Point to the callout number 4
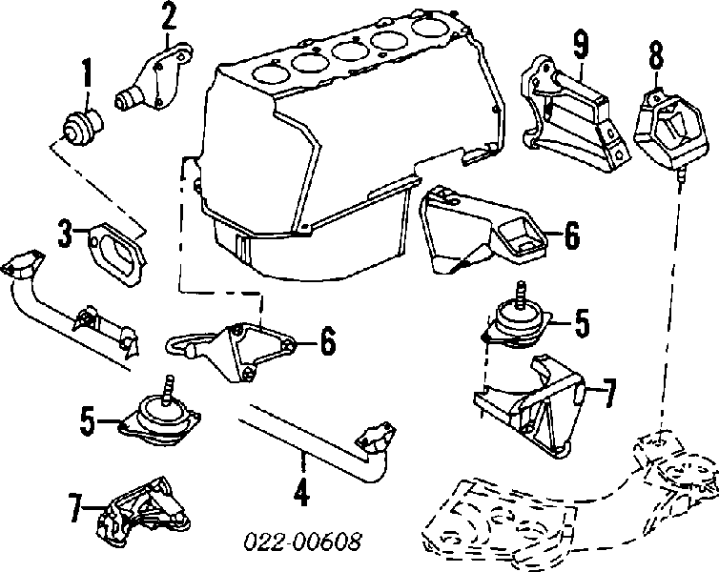coord(300,494)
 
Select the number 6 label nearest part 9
coord(570,235)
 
